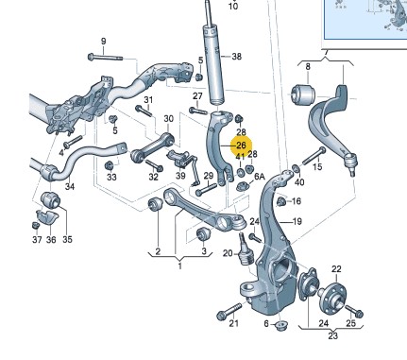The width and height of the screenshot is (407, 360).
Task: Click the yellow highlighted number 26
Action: point(241,146)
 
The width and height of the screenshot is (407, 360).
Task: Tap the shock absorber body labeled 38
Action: point(215,65)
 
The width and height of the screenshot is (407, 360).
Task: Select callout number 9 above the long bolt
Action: point(104,41)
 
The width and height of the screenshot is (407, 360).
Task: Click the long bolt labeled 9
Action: point(105,57)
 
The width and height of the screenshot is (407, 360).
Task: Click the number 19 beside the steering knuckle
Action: point(297,222)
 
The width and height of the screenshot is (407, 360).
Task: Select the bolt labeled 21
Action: point(229,311)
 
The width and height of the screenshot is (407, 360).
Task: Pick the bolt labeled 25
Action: point(354,311)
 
